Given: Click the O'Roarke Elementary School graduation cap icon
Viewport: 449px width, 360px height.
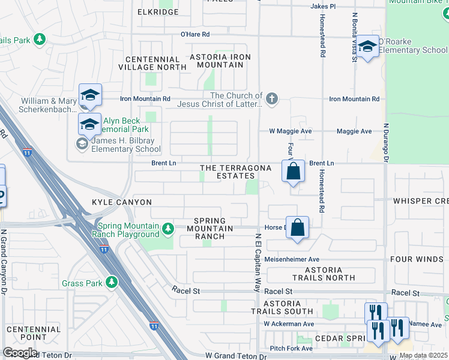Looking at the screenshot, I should [x=367, y=46].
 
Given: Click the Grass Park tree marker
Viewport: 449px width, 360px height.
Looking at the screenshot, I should [x=111, y=282].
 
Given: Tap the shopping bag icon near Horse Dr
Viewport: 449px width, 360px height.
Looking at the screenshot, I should [x=297, y=228].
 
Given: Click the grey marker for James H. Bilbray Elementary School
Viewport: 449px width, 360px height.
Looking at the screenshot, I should [x=80, y=142].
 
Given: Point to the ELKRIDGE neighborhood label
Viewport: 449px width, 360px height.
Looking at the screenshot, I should [x=158, y=12].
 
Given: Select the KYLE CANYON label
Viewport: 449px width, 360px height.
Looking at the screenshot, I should [x=122, y=203].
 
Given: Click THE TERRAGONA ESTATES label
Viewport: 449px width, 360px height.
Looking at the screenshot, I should [x=235, y=172].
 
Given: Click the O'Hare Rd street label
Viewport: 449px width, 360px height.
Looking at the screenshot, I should [x=195, y=34].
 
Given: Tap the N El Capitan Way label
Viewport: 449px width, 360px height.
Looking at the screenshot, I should [x=256, y=260].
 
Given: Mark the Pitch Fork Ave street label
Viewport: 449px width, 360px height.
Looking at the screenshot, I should [x=291, y=348].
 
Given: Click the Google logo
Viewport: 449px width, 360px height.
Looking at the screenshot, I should [x=19, y=353].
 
